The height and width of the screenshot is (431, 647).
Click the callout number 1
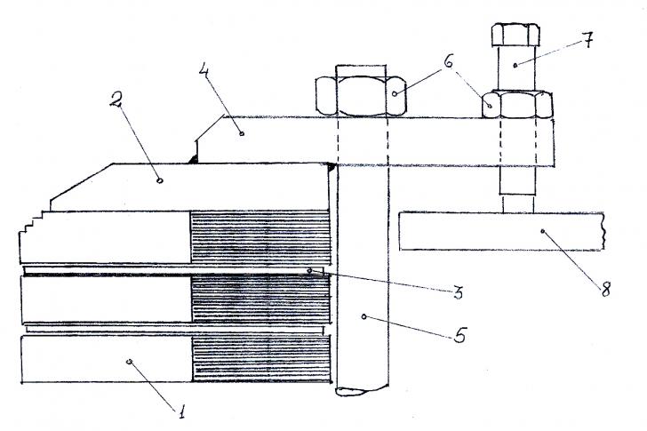[180, 411]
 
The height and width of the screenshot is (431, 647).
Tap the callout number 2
[116, 100]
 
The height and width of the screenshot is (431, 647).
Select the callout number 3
[458, 293]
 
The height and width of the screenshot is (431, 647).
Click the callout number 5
[459, 334]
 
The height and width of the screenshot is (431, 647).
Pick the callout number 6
[449, 62]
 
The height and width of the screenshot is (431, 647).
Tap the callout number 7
[588, 40]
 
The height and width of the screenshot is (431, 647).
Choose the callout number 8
[605, 290]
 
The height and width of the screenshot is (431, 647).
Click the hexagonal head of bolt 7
[515, 35]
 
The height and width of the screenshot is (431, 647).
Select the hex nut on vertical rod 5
[361, 95]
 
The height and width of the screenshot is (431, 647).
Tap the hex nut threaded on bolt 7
[517, 105]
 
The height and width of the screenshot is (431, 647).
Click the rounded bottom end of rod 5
[362, 390]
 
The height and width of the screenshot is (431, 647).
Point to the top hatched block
[260, 237]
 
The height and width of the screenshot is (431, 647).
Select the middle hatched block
[260, 299]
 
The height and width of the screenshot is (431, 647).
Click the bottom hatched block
[261, 358]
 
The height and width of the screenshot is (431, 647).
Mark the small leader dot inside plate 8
[543, 231]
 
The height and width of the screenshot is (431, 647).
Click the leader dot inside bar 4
[242, 133]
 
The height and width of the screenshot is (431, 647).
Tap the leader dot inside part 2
[160, 180]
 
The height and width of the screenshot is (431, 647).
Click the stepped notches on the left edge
[32, 224]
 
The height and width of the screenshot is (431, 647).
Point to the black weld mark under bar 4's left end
[192, 159]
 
